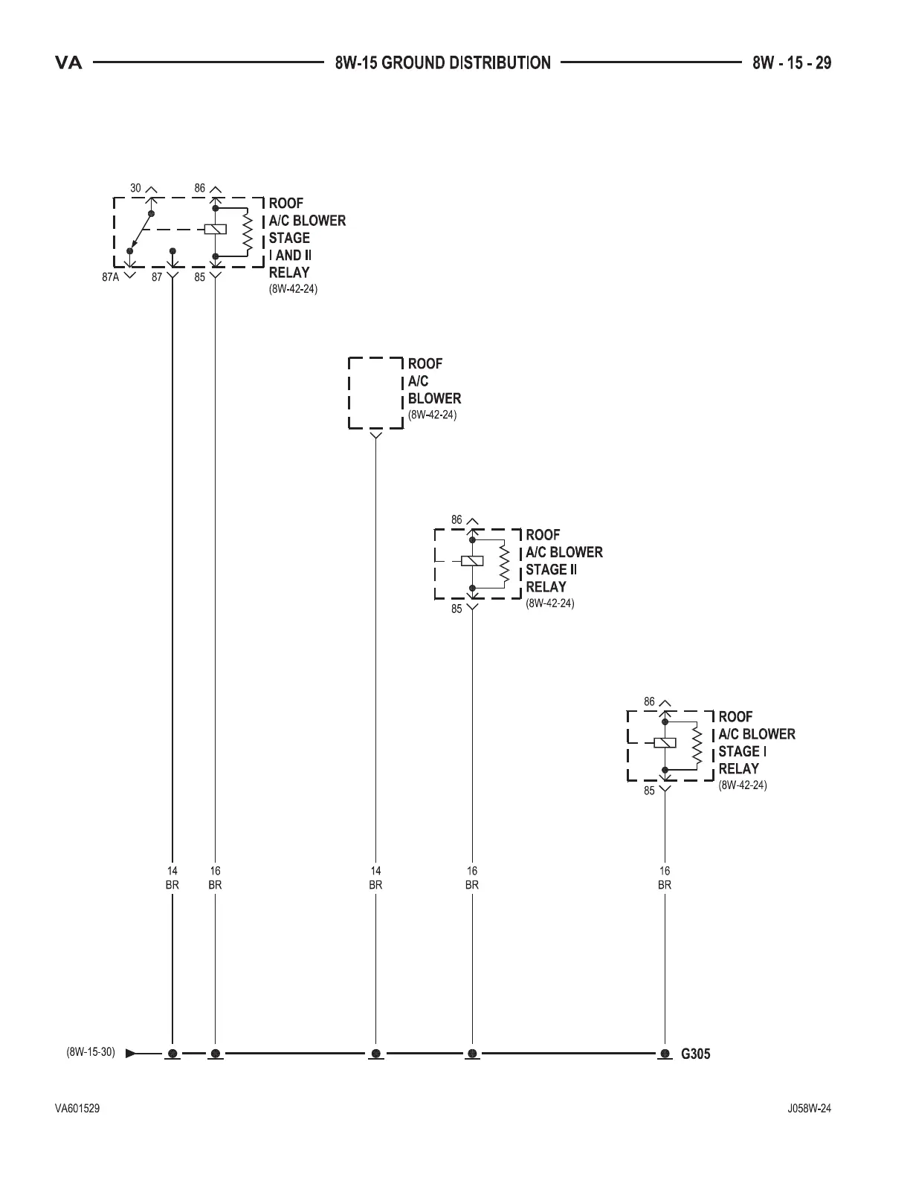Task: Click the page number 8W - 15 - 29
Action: [x=791, y=62]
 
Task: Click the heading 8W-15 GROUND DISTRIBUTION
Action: [x=442, y=62]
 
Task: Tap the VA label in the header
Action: [x=68, y=63]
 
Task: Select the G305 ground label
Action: [x=696, y=1054]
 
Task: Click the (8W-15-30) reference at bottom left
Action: [x=91, y=1052]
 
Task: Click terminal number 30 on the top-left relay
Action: [x=135, y=189]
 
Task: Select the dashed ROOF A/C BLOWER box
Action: [x=375, y=393]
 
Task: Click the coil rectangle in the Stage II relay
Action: [x=473, y=561]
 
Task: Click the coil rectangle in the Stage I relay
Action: [x=665, y=742]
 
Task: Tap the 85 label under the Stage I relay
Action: [x=650, y=791]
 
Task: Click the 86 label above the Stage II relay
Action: [x=456, y=520]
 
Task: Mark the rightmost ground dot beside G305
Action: [x=665, y=1054]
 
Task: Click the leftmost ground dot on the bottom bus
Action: [x=172, y=1054]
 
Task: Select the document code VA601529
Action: [x=77, y=1109]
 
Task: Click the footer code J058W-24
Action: [x=810, y=1109]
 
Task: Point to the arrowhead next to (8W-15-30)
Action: [x=131, y=1053]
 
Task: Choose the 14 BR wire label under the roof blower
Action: [x=375, y=878]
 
